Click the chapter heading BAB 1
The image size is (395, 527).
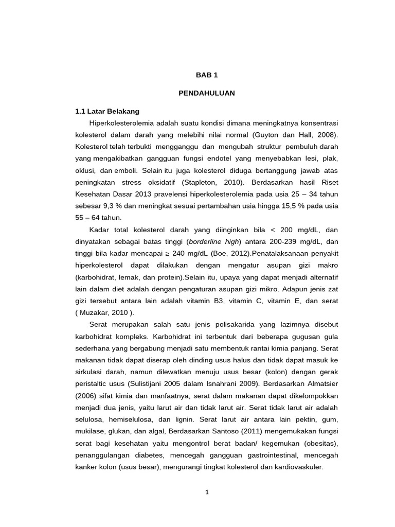(x=207, y=75)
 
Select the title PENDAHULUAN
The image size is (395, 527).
(x=207, y=93)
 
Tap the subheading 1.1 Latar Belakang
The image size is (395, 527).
(x=107, y=111)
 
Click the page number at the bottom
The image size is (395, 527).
(x=207, y=492)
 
